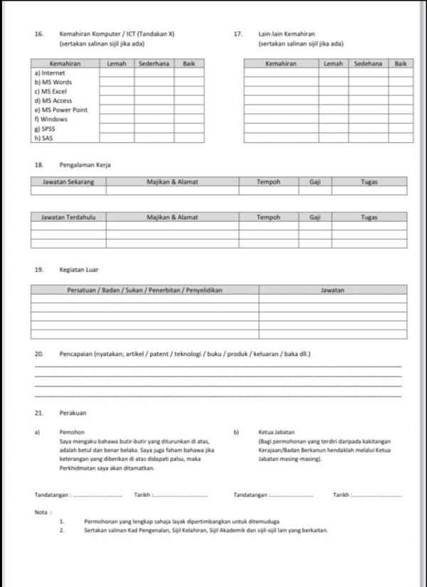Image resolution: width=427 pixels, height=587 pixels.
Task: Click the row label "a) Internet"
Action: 49,73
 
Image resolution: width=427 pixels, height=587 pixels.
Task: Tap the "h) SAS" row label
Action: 43,138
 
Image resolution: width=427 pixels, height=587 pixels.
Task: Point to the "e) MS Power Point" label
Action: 60,110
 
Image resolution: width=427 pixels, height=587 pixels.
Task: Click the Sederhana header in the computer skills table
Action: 154,64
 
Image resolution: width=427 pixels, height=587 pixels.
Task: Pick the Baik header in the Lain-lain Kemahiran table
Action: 401,64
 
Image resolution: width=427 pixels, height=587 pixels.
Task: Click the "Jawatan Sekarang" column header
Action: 68,182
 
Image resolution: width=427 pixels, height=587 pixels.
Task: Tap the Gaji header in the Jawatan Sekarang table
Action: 315,182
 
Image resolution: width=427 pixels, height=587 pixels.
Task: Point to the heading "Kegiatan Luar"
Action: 78,270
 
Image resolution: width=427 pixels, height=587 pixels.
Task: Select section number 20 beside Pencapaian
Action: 38,354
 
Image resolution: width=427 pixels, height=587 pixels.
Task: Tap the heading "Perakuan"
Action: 73,413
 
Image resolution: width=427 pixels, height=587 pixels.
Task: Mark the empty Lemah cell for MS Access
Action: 117,101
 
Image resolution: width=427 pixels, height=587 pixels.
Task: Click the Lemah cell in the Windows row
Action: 117,120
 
